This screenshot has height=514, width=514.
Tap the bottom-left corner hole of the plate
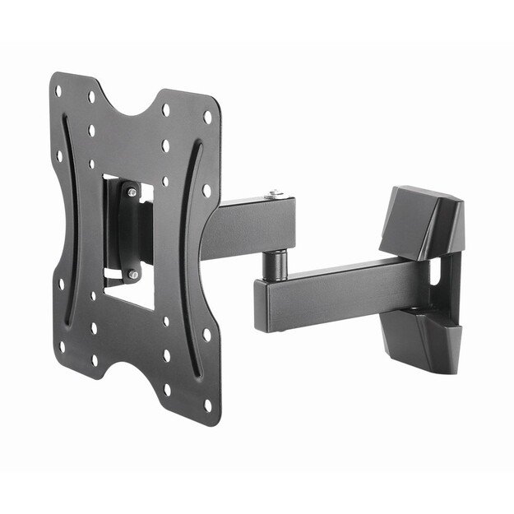(63, 345)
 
